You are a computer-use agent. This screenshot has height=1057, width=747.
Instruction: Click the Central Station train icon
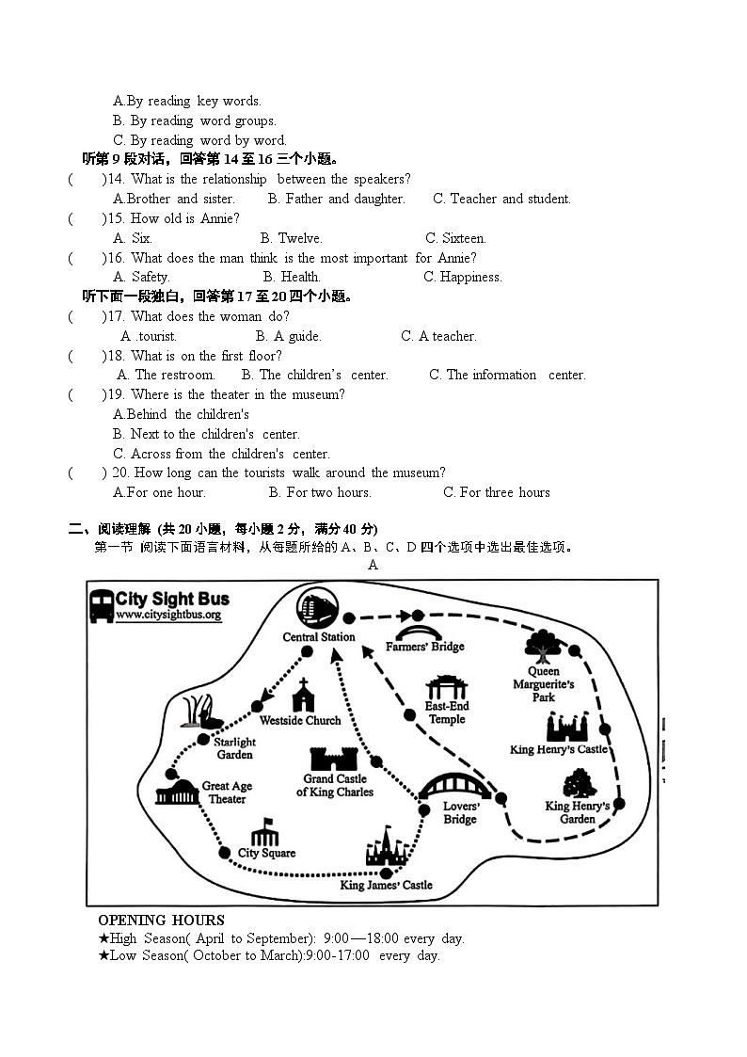318,608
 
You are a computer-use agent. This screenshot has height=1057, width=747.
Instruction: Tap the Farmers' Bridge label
424,647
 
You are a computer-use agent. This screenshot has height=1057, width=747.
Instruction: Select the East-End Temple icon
446,687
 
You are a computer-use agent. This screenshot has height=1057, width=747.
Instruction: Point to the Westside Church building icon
303,697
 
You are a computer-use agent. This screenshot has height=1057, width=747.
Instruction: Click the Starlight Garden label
234,748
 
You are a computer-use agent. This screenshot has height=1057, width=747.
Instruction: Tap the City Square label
266,853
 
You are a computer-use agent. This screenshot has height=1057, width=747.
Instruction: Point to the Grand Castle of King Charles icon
334,759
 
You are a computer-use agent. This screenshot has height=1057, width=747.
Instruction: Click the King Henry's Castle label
559,749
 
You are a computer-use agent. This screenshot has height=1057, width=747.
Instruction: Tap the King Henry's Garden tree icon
577,783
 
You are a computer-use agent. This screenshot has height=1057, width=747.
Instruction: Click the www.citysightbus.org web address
168,616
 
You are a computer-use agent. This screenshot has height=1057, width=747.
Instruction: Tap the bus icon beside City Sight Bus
101,606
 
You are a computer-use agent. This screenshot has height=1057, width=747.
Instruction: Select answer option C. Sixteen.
455,238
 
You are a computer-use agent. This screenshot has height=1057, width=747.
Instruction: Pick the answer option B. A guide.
288,336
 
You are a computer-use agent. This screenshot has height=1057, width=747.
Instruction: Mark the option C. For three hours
497,492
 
